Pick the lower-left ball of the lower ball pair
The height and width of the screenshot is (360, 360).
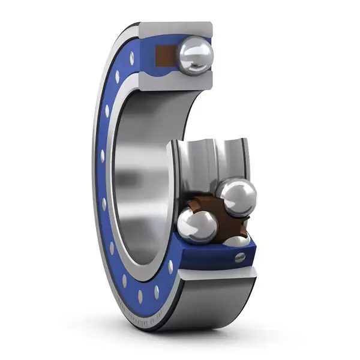[x=197, y=225]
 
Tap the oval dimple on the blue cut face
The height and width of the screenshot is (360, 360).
[x=239, y=257]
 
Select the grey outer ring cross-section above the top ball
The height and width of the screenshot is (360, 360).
[x=177, y=29]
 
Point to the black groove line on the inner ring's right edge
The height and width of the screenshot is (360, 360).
[x=244, y=159]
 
